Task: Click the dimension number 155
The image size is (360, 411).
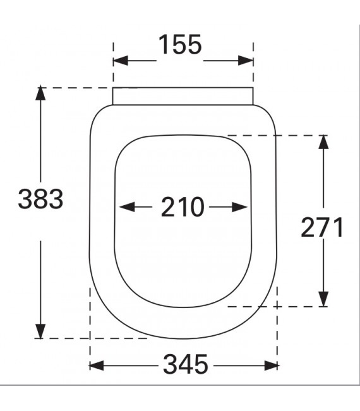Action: [x=179, y=45]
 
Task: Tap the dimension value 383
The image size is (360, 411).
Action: [x=40, y=200]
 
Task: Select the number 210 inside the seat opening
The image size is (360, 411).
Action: [x=183, y=207]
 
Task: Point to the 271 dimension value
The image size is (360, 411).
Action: [x=322, y=227]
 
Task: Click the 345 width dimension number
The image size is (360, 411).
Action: [x=185, y=364]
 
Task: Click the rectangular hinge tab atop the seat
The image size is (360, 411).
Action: [x=183, y=96]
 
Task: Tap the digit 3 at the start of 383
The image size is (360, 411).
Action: [x=25, y=200]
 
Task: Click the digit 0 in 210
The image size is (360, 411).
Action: [x=197, y=207]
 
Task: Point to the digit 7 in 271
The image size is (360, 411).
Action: [x=322, y=227]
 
